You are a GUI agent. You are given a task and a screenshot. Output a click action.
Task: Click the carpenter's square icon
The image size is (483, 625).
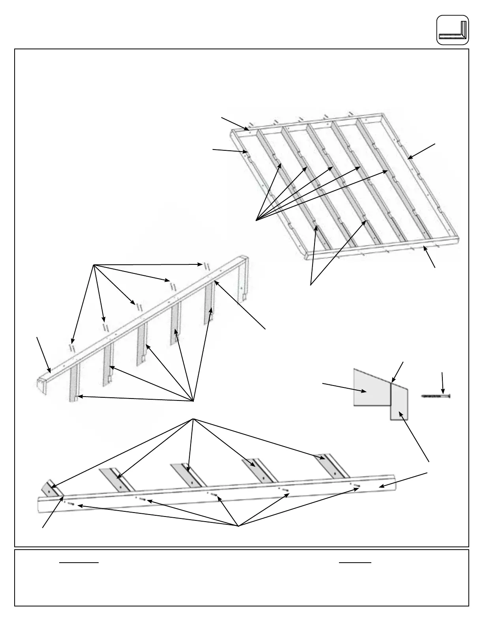tap(453, 30)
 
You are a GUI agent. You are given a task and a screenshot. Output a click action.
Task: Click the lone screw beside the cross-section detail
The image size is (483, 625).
tap(436, 396)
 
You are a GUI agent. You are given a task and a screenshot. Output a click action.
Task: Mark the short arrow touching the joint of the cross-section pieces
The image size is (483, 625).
tap(398, 371)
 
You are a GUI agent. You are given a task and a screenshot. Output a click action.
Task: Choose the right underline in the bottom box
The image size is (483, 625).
tap(355, 562)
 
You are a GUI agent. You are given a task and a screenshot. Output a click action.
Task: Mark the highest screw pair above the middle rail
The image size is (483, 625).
tap(205, 266)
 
